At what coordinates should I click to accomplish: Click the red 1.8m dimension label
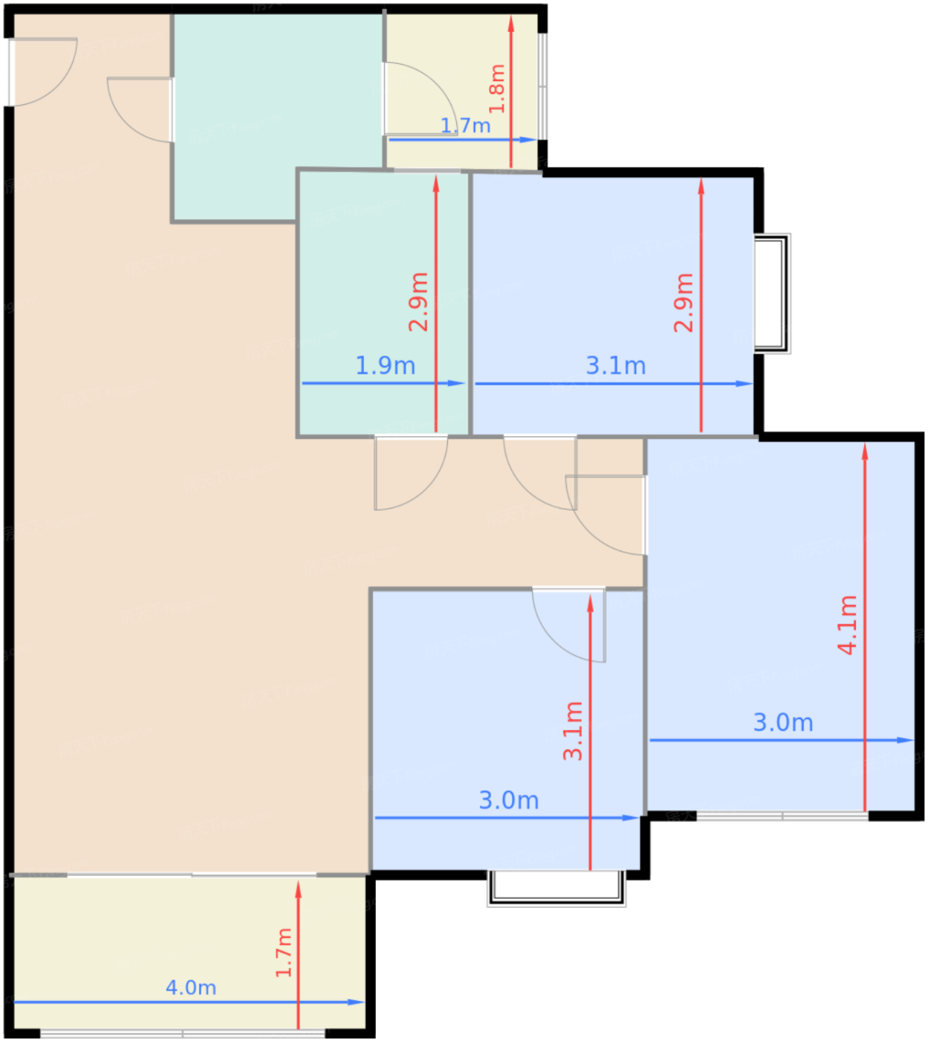(497, 89)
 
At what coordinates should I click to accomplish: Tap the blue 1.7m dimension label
(466, 126)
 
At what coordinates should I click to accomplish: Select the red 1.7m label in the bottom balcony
(284, 953)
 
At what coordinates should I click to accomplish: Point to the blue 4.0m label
(191, 988)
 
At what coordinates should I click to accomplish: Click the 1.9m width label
(385, 365)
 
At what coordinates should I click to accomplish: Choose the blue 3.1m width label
(615, 365)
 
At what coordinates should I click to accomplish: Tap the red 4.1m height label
(848, 625)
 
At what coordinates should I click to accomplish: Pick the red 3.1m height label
(572, 731)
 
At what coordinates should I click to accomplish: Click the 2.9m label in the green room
(418, 302)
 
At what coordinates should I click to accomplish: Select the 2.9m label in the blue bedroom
(684, 302)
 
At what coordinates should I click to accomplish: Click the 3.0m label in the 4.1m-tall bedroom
(784, 723)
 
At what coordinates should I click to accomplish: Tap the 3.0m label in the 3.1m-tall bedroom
(509, 800)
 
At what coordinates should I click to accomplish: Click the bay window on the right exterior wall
(772, 294)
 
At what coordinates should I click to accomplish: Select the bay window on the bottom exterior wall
(557, 888)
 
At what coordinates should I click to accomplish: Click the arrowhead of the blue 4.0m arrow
(356, 1002)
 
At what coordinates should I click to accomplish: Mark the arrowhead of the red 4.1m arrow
(865, 451)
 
